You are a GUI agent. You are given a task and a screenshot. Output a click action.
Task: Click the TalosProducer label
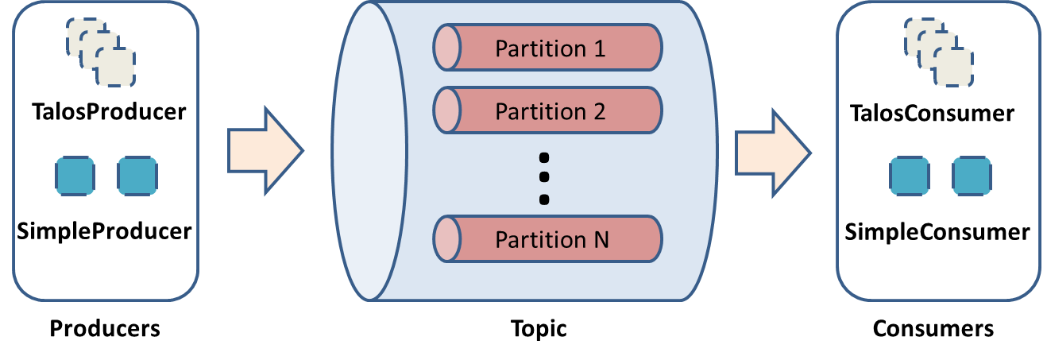pyautogui.click(x=109, y=112)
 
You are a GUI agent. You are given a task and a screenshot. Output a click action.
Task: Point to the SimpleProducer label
pyautogui.click(x=104, y=231)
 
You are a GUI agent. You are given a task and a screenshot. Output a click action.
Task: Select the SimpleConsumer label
pyautogui.click(x=937, y=232)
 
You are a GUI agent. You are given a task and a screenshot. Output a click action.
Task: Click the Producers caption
pyautogui.click(x=105, y=328)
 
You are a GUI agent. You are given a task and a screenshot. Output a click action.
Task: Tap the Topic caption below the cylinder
pyautogui.click(x=539, y=328)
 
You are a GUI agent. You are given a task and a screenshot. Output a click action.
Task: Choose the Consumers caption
pyautogui.click(x=933, y=328)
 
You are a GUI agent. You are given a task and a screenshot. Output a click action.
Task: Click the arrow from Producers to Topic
pyautogui.click(x=265, y=150)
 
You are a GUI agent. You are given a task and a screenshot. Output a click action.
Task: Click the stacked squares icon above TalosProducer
pyautogui.click(x=101, y=52)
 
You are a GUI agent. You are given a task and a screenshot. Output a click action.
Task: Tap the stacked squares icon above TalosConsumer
pyautogui.click(x=938, y=52)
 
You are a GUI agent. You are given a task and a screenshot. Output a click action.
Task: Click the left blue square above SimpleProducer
pyautogui.click(x=75, y=176)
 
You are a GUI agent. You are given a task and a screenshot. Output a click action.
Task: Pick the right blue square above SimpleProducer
pyautogui.click(x=137, y=176)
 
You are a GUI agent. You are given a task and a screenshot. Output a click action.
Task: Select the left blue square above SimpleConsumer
pyautogui.click(x=910, y=176)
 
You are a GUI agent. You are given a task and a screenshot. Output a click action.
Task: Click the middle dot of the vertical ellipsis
pyautogui.click(x=544, y=176)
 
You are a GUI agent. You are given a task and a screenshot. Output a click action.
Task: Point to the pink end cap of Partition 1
pyautogui.click(x=447, y=48)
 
